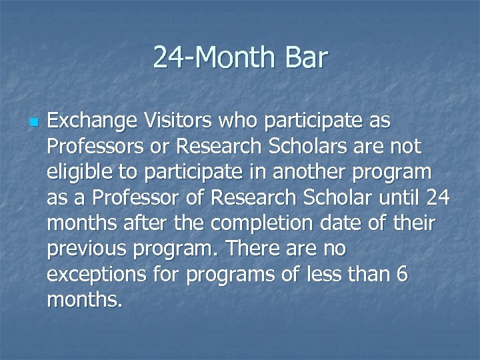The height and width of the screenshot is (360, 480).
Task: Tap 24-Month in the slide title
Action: click(211, 58)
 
